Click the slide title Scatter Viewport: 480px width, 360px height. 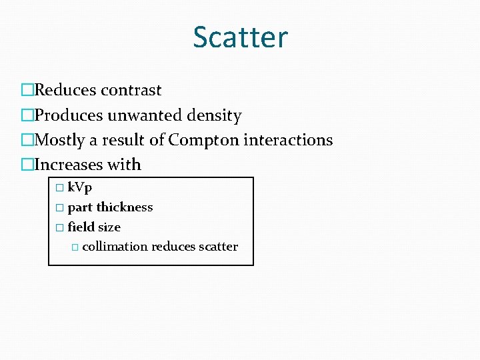pos(240,37)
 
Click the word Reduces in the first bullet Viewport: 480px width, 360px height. pos(65,90)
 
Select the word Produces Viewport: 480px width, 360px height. pos(68,115)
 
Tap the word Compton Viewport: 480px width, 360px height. pos(205,140)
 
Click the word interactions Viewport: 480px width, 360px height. pos(289,140)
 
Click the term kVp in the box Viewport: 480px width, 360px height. pos(80,188)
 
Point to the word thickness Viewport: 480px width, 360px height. pos(125,207)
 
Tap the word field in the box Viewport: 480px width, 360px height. pos(79,227)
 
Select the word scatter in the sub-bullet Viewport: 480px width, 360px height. pos(218,247)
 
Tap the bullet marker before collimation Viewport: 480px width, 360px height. pos(74,247)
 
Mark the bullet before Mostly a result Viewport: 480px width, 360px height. pos(27,140)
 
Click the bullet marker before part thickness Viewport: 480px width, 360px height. pos(59,208)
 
